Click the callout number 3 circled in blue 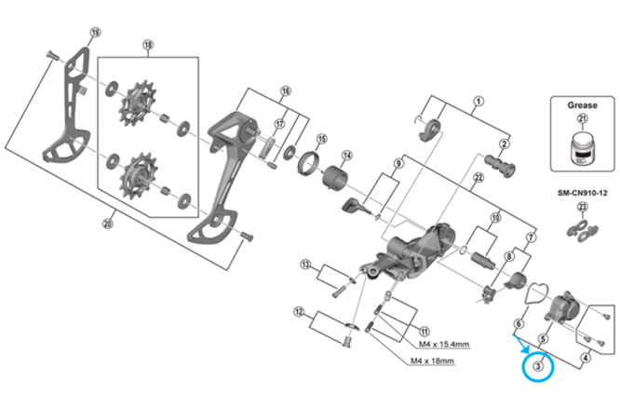pos(538,366)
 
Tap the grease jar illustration pos(582,147)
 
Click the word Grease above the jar pos(582,105)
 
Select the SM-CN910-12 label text pos(583,193)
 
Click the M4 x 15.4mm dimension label pos(444,344)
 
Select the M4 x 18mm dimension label pos(432,360)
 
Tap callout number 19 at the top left pos(95,32)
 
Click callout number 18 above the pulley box pos(148,45)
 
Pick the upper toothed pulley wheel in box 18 pos(137,103)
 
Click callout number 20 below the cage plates pos(108,224)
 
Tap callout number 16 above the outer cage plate pos(286,91)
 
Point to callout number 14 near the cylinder pos(347,156)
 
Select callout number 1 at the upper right pos(478,102)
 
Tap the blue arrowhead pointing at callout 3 pos(524,348)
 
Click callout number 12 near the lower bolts pos(299,312)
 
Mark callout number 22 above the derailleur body pos(478,178)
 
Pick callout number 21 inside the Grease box pos(583,118)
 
